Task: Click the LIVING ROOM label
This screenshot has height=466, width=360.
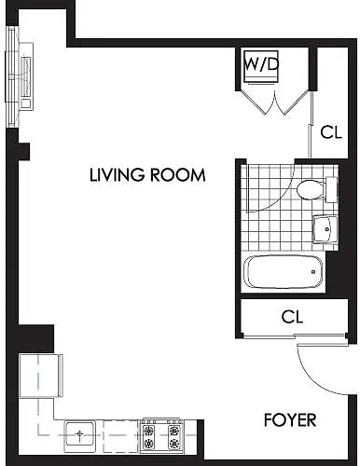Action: click(x=147, y=174)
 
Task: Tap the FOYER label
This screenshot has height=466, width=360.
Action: click(x=290, y=420)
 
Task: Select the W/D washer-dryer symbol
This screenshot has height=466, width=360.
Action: click(x=261, y=66)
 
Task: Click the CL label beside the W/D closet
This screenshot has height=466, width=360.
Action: click(x=331, y=132)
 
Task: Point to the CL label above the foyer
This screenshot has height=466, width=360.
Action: click(x=292, y=317)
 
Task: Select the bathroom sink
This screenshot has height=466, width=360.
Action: click(x=325, y=229)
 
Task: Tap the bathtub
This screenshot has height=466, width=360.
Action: click(x=283, y=272)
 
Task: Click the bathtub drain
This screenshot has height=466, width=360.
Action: click(x=313, y=272)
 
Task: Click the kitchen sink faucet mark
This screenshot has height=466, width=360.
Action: click(x=80, y=433)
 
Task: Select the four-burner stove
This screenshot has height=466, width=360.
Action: click(x=161, y=435)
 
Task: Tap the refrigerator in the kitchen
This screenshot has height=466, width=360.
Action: click(x=41, y=376)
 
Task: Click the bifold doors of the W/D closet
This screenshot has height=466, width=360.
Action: click(x=275, y=103)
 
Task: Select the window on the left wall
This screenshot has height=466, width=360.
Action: click(x=12, y=76)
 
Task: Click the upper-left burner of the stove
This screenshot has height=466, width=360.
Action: click(x=149, y=431)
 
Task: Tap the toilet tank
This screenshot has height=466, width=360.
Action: click(x=331, y=189)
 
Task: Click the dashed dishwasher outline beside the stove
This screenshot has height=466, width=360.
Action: click(x=121, y=436)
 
